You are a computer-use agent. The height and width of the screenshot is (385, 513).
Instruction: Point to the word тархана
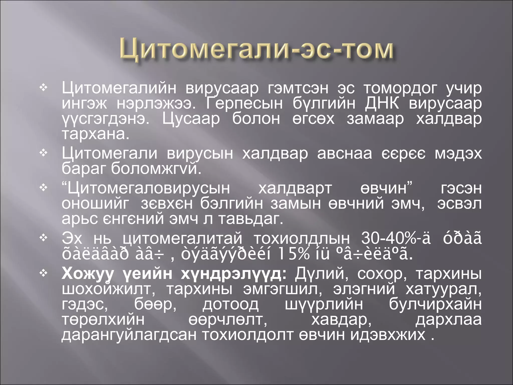tap(95, 135)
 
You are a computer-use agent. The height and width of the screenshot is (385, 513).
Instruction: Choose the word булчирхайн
tap(435, 304)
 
